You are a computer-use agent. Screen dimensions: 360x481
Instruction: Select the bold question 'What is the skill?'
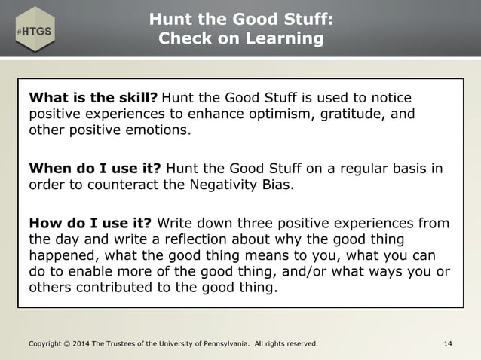pyautogui.click(x=93, y=98)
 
